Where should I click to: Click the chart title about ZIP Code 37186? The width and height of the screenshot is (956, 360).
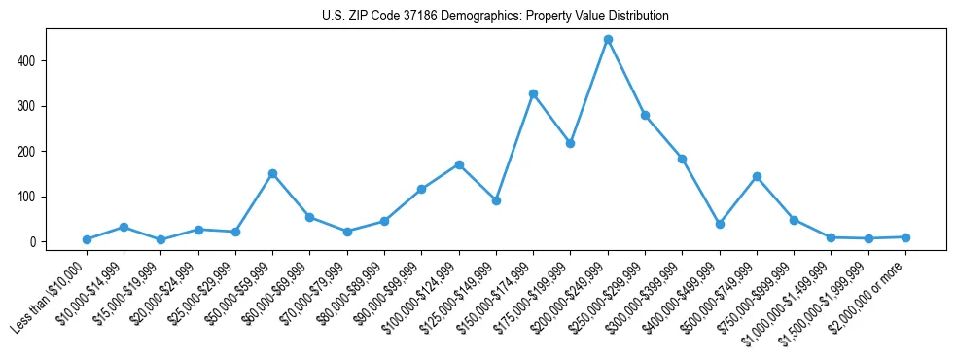pyautogui.click(x=495, y=17)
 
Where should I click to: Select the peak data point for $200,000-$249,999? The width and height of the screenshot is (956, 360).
pyautogui.click(x=608, y=40)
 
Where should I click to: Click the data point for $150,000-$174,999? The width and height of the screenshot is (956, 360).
pyautogui.click(x=533, y=94)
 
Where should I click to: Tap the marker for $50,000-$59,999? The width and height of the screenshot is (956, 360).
pyautogui.click(x=272, y=174)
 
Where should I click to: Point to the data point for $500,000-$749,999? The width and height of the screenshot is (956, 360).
pyautogui.click(x=757, y=177)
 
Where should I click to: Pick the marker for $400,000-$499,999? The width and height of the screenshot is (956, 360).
pyautogui.click(x=720, y=224)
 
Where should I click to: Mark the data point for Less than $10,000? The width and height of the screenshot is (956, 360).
pyautogui.click(x=87, y=239)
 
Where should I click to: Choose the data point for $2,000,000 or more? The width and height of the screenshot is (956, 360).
pyautogui.click(x=905, y=237)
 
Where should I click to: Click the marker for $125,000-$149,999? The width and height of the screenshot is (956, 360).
pyautogui.click(x=496, y=200)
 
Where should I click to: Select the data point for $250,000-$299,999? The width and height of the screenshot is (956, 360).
pyautogui.click(x=645, y=115)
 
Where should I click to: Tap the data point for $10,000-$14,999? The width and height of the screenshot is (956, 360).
pyautogui.click(x=124, y=227)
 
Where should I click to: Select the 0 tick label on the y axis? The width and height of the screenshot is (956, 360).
pyautogui.click(x=38, y=241)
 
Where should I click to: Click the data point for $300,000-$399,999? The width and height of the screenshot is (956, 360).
pyautogui.click(x=682, y=159)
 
